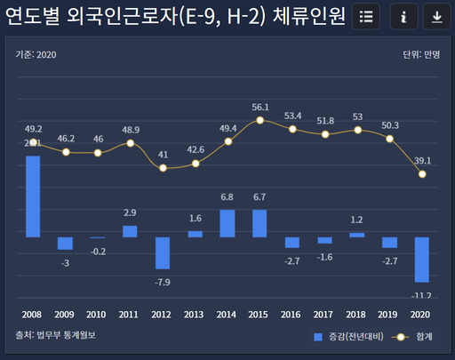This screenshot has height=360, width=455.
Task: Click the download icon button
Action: click(x=435, y=17)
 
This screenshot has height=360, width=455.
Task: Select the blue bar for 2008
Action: click(x=33, y=196)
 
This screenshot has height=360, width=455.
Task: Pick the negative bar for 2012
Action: click(x=163, y=252)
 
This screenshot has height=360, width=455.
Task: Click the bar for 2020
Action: click(x=422, y=260)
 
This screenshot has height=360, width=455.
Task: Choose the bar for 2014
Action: click(x=227, y=223)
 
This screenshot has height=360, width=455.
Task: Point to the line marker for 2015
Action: click(x=259, y=120)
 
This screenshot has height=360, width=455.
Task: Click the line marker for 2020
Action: click(x=422, y=174)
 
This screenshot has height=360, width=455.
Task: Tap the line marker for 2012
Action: click(x=163, y=167)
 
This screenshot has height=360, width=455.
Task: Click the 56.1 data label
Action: click(x=259, y=107)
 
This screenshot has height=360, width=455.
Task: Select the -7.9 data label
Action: click(x=163, y=282)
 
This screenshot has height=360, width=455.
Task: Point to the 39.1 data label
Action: click(x=422, y=160)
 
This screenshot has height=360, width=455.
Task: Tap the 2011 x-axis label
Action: click(x=130, y=314)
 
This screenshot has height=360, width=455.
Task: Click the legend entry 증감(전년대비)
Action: click(x=347, y=337)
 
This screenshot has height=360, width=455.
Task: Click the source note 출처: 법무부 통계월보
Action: click(x=55, y=335)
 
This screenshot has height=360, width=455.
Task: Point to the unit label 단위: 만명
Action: click(x=421, y=54)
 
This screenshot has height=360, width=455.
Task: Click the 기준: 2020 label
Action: click(x=36, y=54)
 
